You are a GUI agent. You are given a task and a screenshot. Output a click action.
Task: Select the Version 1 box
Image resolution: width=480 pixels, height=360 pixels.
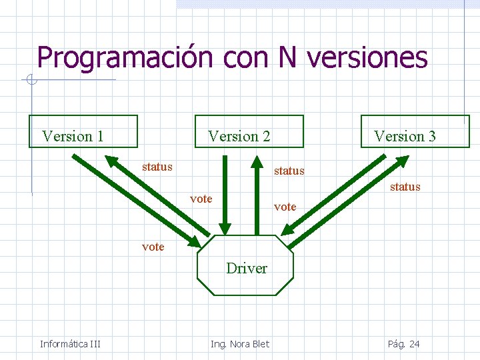[83, 131]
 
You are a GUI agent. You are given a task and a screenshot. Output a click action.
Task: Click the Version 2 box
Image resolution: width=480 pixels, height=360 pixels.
[248, 131]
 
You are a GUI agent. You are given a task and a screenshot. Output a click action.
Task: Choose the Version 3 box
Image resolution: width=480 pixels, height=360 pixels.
[415, 131]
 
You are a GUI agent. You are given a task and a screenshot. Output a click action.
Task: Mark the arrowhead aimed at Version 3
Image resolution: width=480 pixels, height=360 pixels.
[399, 162]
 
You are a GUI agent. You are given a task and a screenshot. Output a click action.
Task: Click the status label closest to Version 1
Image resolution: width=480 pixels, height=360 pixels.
[157, 167]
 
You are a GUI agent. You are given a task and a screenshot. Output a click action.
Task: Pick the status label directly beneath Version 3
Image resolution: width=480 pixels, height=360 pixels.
[405, 187]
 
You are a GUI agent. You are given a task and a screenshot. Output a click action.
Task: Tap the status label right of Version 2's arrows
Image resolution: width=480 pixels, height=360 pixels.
[289, 171]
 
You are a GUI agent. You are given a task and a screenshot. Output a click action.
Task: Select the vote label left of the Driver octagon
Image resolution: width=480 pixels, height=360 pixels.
[153, 247]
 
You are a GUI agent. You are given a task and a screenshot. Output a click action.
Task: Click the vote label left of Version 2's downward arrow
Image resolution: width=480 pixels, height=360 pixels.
[201, 199]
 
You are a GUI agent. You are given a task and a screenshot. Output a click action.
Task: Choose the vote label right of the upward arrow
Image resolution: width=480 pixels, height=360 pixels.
[285, 207]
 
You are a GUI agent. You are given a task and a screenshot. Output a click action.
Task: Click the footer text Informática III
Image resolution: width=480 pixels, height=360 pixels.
[70, 344]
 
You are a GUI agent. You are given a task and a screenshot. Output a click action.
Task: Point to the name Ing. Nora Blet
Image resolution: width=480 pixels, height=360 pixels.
[240, 344]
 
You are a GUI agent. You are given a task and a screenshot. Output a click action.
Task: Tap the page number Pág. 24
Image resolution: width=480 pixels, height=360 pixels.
[403, 344]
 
